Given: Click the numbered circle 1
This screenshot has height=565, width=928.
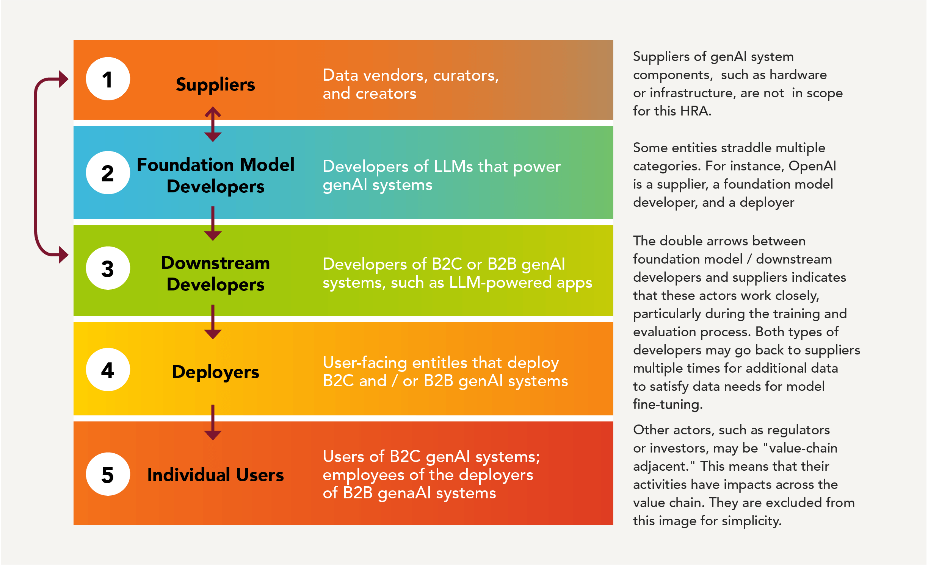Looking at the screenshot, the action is click(108, 79).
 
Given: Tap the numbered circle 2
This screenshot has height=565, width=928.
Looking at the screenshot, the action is click(108, 173).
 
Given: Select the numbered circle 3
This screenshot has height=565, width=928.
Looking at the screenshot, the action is click(108, 268).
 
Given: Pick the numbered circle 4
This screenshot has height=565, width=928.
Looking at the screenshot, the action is click(108, 370).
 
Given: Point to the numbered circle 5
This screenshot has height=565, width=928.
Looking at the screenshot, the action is click(108, 474).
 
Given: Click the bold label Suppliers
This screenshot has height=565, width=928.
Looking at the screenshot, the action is click(215, 84).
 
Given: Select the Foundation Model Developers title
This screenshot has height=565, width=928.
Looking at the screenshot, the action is click(215, 175).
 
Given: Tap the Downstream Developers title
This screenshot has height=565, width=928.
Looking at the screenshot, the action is click(215, 273).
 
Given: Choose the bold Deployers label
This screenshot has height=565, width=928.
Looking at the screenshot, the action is click(215, 372).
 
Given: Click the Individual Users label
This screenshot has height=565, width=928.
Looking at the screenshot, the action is click(215, 475).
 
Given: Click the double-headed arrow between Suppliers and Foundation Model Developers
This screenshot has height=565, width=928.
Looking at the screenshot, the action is click(213, 124).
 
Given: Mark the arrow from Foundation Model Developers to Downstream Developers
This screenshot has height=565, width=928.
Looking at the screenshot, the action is click(213, 223).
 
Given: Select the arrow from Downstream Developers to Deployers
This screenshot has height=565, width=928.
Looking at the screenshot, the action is click(213, 322).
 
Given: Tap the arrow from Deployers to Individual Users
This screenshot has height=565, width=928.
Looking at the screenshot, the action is click(213, 422).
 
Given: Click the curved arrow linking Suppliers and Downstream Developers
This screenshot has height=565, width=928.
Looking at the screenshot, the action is click(36, 167).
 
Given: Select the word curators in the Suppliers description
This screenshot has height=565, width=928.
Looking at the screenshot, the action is click(466, 76).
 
